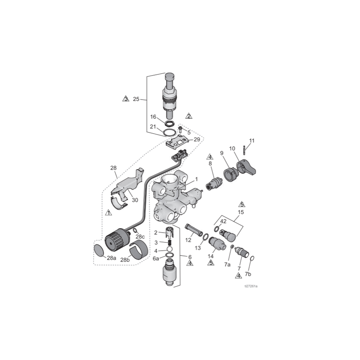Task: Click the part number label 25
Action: point(136,99)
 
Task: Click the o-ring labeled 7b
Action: point(252,259)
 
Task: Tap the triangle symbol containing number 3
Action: point(126,99)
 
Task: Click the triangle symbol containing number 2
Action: point(189,116)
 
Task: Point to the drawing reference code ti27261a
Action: point(254,286)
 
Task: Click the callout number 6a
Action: point(156,259)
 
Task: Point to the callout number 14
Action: point(210,256)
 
